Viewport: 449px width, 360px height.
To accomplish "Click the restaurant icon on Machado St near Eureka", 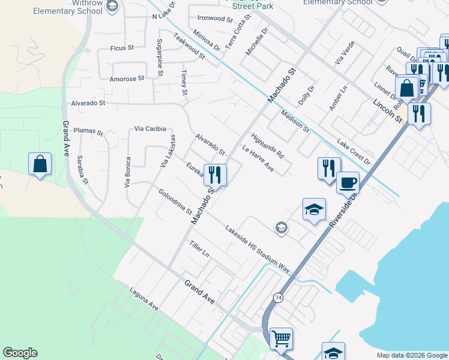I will click(215, 175).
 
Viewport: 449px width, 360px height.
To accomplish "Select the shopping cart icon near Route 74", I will click(281, 338).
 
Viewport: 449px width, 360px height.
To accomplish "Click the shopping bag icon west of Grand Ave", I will click(40, 164).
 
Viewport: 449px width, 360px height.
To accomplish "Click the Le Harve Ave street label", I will click(258, 159).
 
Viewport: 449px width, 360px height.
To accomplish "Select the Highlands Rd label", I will click(267, 146).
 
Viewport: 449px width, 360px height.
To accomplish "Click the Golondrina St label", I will click(175, 202).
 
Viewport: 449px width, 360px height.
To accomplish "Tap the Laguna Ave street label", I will click(144, 298).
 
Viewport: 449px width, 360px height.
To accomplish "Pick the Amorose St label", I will click(127, 78).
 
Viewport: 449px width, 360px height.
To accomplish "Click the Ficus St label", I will click(122, 47).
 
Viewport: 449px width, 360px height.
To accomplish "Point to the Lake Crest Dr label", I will click(354, 152).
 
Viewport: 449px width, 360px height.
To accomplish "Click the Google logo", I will click(20, 353).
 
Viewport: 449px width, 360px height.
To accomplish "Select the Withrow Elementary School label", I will click(68, 7).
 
